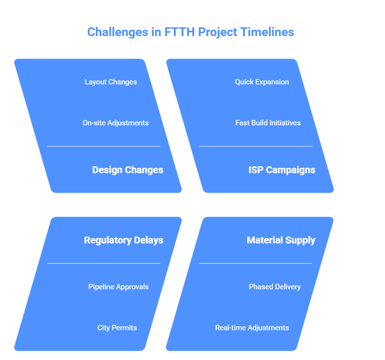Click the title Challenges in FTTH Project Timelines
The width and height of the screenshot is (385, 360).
click(191, 32)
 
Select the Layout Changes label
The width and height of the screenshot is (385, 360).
click(111, 82)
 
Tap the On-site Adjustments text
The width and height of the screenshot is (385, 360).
click(115, 123)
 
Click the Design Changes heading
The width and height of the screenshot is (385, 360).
click(128, 170)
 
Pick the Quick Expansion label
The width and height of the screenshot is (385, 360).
click(262, 82)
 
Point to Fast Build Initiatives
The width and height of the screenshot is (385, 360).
click(268, 123)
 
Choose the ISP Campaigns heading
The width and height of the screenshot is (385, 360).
click(282, 170)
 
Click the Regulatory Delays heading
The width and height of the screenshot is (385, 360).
click(124, 240)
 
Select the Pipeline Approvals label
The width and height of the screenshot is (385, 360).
click(118, 287)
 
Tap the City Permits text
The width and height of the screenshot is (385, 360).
click(117, 328)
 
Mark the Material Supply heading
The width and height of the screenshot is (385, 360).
click(281, 240)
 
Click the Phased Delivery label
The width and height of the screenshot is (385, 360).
click(275, 287)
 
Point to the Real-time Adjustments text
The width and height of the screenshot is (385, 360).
click(252, 328)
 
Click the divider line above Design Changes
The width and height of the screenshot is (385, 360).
click(104, 146)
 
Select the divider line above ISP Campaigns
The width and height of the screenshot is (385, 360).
click(255, 146)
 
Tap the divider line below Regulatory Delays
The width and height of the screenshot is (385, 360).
click(104, 263)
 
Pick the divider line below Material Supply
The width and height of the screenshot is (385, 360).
click(255, 263)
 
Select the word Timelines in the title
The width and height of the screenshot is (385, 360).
click(267, 32)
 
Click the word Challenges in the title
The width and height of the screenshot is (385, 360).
click(118, 32)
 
